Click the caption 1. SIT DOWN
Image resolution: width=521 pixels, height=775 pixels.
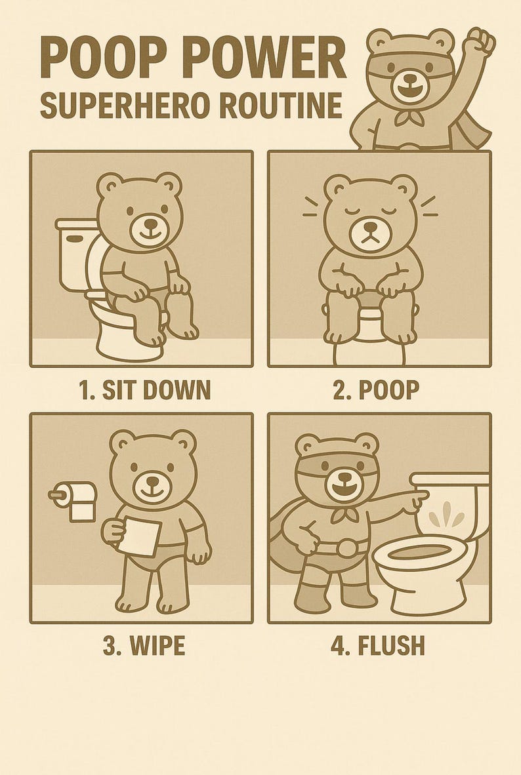(x=144, y=389)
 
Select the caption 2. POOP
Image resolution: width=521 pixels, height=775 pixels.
(x=375, y=389)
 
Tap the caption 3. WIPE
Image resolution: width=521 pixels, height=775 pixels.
(x=144, y=645)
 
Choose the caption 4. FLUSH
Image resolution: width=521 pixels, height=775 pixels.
(x=377, y=645)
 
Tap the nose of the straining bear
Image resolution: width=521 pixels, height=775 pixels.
(x=371, y=227)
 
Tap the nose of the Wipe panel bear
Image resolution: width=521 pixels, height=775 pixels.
(x=155, y=479)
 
